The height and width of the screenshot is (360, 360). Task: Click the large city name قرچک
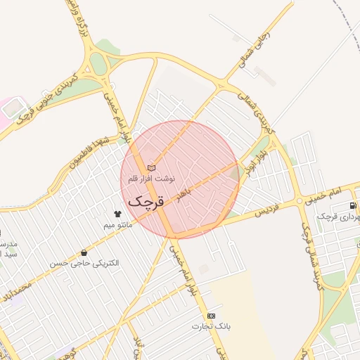point(146,200)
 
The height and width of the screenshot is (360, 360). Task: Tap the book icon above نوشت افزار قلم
point(151,168)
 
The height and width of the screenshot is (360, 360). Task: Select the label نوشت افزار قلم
point(151,179)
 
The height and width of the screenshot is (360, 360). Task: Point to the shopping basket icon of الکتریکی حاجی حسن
point(84,252)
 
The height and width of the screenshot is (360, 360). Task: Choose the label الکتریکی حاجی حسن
point(84,263)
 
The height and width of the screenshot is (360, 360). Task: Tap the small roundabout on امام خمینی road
point(300,202)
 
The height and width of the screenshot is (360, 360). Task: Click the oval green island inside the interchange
point(98,65)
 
